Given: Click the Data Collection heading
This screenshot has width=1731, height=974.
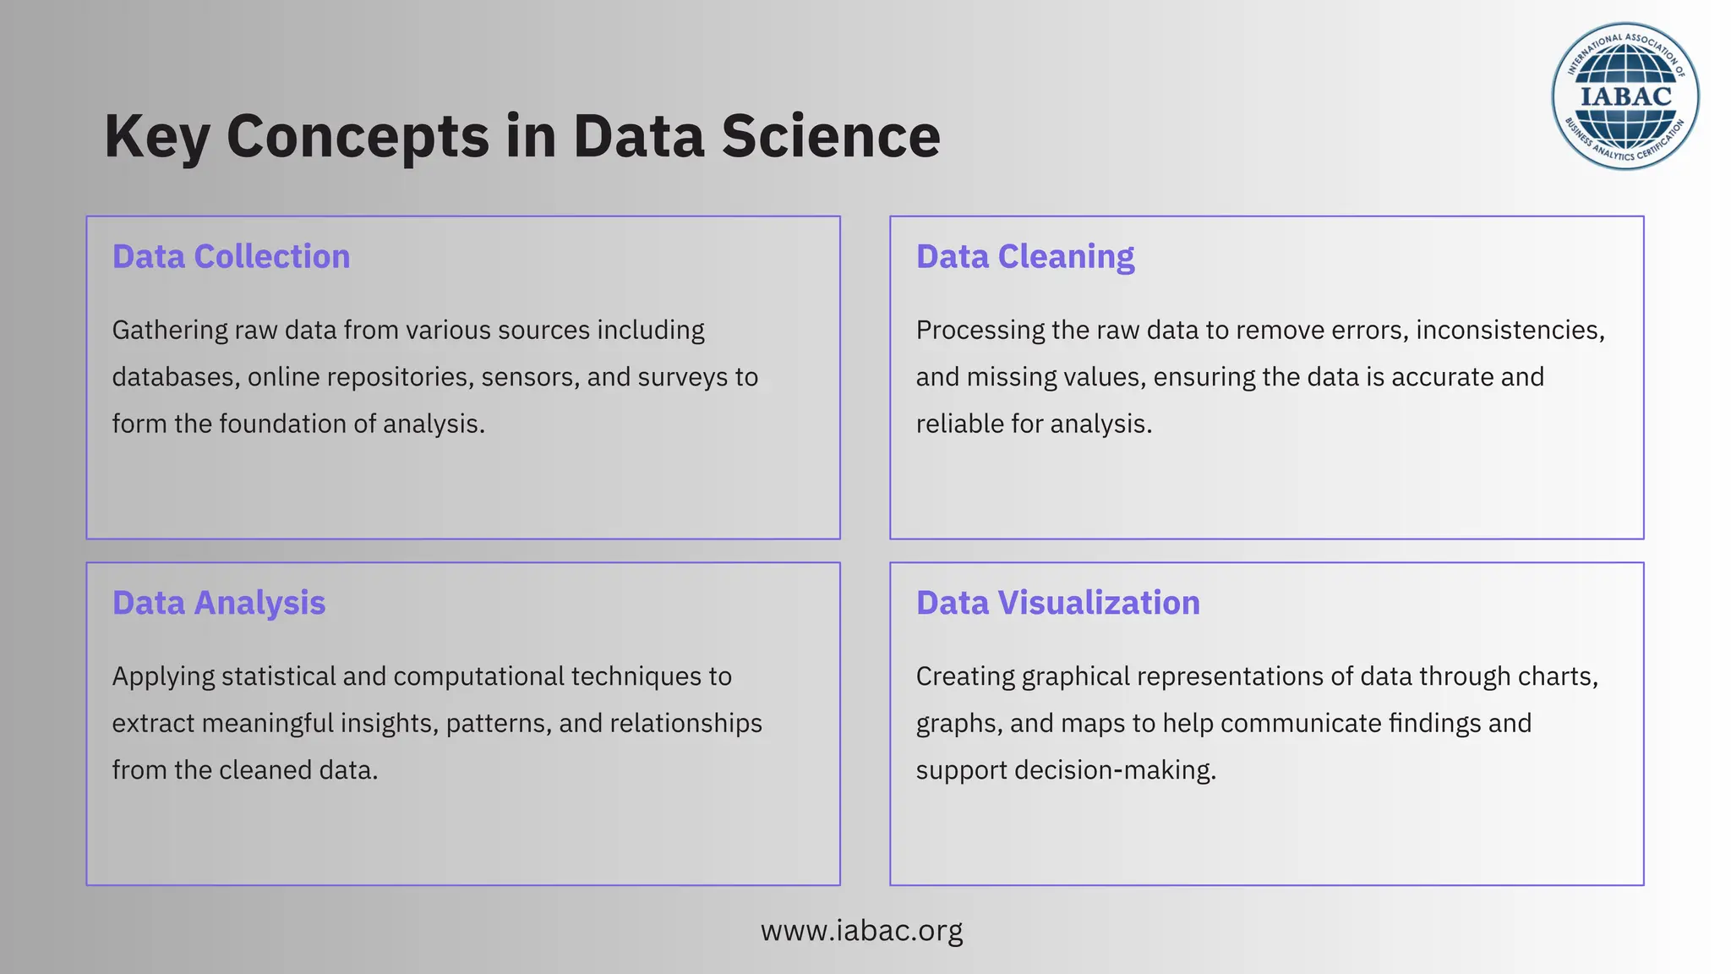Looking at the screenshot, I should tap(231, 257).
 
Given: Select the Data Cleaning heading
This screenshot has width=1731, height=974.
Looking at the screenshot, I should tap(1025, 257).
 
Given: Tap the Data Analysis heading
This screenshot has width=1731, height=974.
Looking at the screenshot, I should tap(219, 603).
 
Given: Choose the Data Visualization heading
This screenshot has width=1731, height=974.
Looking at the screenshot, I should tap(1058, 603).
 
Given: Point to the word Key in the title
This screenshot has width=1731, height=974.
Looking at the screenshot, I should tap(156, 137).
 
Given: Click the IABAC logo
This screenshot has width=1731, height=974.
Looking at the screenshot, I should tap(1625, 96).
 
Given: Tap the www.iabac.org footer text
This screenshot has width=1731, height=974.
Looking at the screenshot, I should tap(861, 930).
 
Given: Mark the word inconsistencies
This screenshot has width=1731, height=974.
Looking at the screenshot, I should tap(1510, 330).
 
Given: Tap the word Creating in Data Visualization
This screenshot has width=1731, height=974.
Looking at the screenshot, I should tap(966, 676).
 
